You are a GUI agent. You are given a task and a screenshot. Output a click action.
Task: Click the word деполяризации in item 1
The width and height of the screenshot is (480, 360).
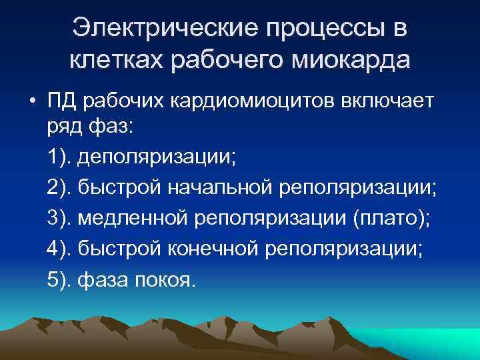click(157, 159)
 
